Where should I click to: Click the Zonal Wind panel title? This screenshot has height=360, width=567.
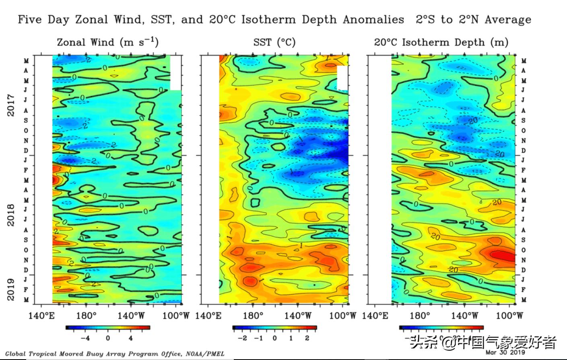[x=107, y=42]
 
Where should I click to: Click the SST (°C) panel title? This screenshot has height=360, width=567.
[x=274, y=42]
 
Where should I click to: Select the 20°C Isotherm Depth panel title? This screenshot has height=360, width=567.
[x=441, y=42]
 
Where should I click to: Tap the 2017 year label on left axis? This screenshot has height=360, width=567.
[x=11, y=105]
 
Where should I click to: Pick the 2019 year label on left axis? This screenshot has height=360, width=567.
[x=11, y=290]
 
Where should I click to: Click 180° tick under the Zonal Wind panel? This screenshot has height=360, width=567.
[x=86, y=315]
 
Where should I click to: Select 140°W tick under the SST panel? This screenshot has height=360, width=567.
[x=297, y=315]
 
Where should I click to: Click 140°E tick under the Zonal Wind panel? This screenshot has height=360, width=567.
[x=41, y=315]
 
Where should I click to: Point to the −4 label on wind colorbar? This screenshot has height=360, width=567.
[x=85, y=338]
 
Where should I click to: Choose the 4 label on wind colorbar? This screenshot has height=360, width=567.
[x=130, y=338]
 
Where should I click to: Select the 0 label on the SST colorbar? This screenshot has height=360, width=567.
[x=274, y=338]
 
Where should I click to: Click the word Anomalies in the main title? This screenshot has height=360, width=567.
[x=373, y=19]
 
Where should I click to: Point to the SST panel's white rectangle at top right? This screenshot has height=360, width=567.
[x=342, y=78]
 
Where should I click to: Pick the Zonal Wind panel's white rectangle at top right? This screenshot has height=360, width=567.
[x=176, y=73]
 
